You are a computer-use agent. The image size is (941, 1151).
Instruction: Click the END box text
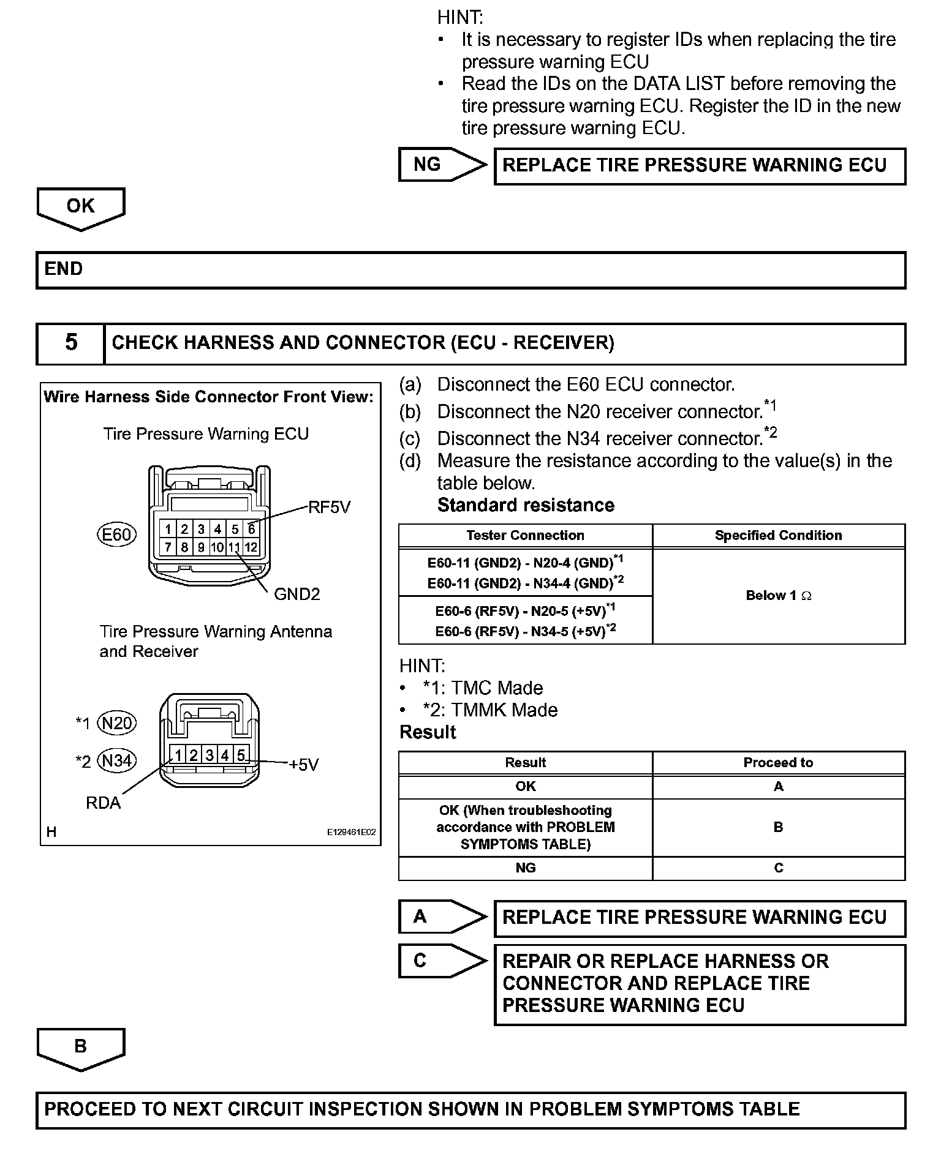64,269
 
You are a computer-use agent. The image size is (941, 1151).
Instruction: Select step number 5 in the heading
71,342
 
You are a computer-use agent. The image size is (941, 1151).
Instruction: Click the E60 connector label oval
116,535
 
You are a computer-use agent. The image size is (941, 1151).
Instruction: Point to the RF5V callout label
329,508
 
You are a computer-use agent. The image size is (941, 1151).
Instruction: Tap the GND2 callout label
297,594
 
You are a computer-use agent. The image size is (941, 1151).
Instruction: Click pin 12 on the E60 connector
251,547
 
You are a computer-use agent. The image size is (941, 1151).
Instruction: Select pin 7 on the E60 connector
168,547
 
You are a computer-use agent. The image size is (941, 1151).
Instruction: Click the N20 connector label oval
117,724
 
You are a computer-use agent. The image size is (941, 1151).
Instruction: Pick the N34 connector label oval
117,761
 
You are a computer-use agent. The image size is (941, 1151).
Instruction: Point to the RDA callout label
103,803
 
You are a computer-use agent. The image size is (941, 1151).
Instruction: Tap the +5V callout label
304,765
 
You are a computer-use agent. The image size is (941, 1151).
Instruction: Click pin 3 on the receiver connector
210,755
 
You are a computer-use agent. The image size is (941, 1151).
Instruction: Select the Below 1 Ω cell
778,596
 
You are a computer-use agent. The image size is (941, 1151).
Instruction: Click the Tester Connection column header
525,536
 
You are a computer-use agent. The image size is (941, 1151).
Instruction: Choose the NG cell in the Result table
525,868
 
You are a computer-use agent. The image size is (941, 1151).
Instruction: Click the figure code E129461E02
351,833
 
